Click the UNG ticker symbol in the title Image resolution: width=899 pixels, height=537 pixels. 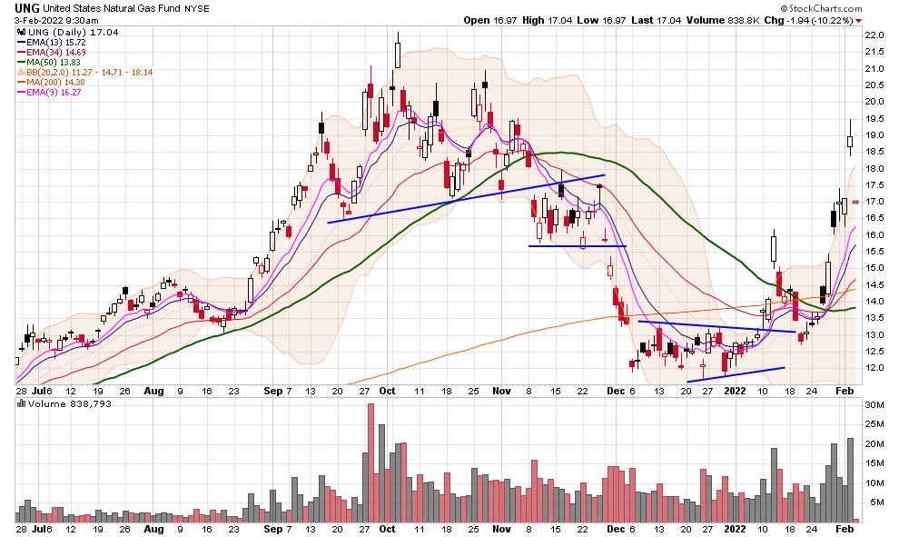point(27,8)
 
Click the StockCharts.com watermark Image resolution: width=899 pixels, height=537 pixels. point(822,8)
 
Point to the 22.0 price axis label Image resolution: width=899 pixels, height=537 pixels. point(874,35)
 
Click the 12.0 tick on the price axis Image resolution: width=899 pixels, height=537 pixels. point(874,368)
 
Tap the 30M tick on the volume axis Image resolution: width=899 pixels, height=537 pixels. point(874,405)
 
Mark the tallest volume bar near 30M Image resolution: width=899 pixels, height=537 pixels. point(370,462)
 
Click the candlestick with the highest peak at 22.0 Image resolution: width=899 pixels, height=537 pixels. point(398,51)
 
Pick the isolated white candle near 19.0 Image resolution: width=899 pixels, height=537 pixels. point(850,138)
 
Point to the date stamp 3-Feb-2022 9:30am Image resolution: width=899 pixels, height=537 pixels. point(56,20)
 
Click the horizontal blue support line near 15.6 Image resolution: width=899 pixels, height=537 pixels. point(578,246)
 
